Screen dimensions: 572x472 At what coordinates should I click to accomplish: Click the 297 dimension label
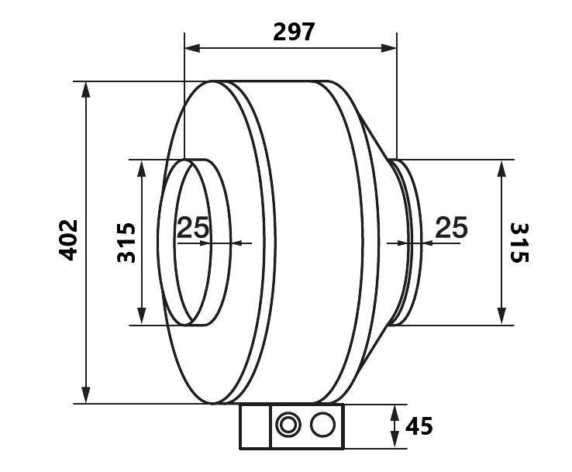[x=293, y=32]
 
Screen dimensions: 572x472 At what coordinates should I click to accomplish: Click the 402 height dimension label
[x=68, y=240]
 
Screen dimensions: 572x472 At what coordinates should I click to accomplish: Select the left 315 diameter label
[x=126, y=243]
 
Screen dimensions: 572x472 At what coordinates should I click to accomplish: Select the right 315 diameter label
[x=519, y=243]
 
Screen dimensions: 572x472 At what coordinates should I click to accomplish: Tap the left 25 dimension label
[x=193, y=227]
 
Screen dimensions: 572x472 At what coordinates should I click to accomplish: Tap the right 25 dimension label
[x=451, y=227]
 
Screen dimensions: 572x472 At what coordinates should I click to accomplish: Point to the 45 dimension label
[x=419, y=425]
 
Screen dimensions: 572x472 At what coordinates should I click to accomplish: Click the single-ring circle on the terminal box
[x=322, y=425]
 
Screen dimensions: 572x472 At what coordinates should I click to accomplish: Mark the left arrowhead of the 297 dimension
[x=192, y=48]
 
